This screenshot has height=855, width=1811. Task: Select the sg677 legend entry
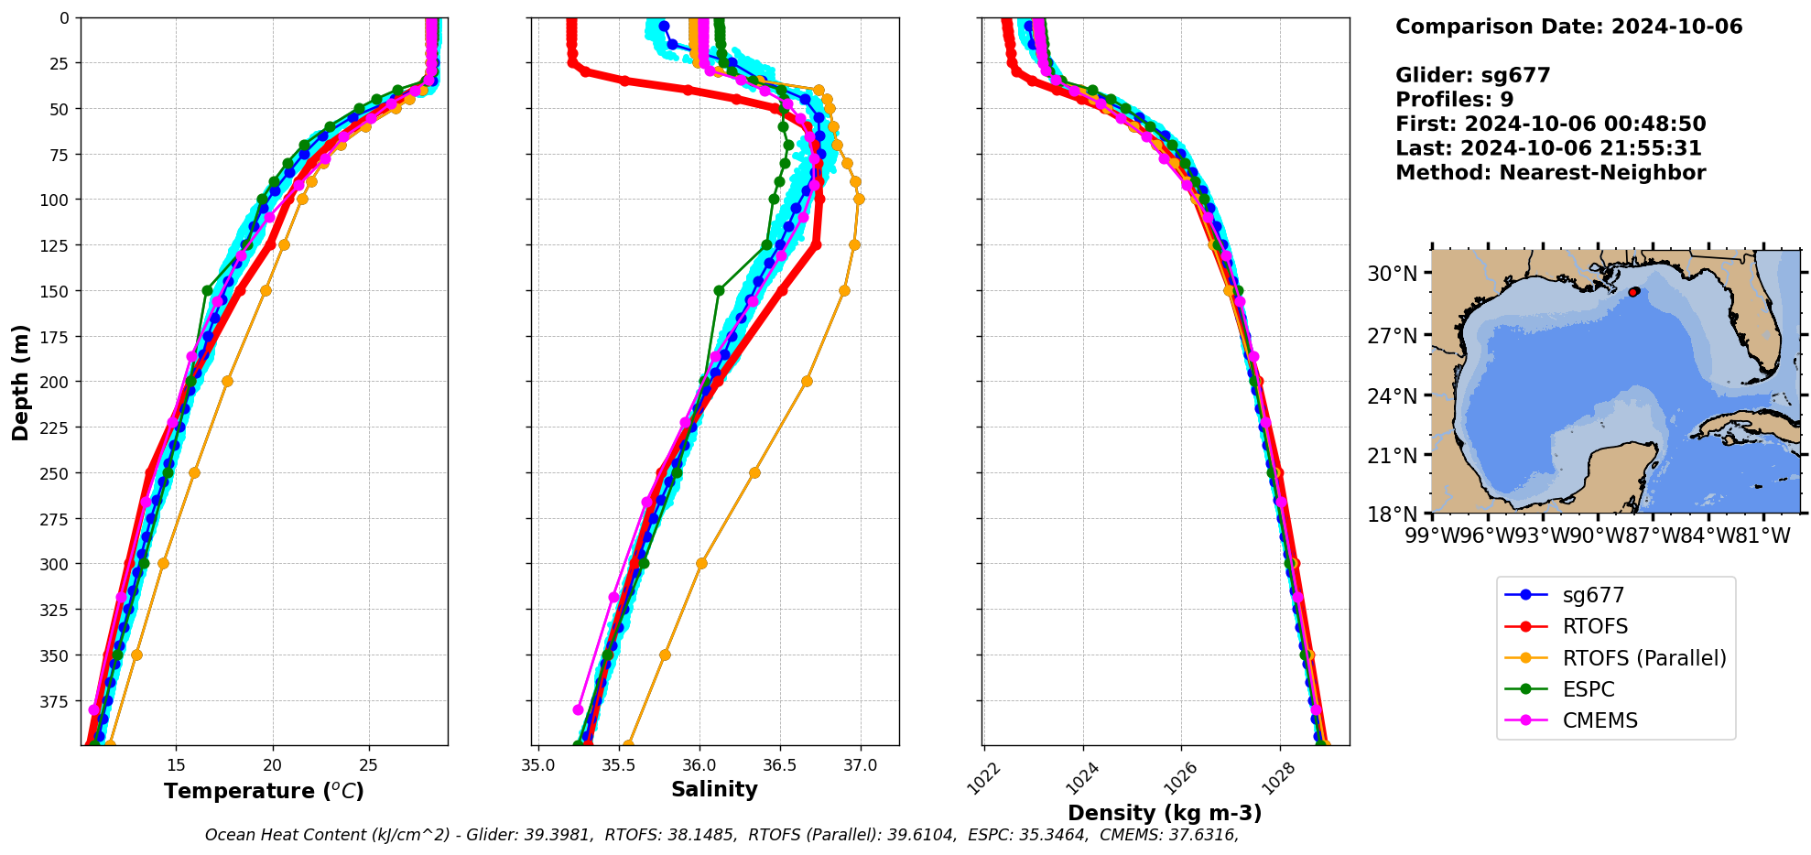click(x=1593, y=595)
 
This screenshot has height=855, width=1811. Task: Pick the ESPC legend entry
click(x=1588, y=689)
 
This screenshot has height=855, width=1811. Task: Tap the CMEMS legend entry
click(x=1600, y=720)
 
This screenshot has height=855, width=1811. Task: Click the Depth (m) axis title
click(x=20, y=382)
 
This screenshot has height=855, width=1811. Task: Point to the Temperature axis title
click(x=264, y=791)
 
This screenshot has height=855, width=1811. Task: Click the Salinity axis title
click(x=714, y=789)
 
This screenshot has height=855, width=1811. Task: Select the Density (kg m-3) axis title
click(x=1165, y=813)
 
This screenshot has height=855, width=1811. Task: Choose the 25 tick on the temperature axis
click(x=368, y=765)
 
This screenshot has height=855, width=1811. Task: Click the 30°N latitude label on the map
click(x=1392, y=274)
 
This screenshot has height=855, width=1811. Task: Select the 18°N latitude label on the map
click(x=1392, y=514)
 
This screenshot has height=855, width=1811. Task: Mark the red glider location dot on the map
click(x=1633, y=292)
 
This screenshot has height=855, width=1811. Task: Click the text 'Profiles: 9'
click(x=1454, y=100)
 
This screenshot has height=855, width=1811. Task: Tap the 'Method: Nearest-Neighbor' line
click(x=1550, y=173)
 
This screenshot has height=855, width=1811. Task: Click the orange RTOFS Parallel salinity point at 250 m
click(x=754, y=473)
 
